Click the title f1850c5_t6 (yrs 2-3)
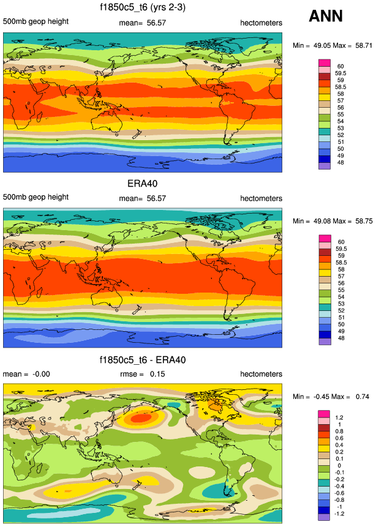coord(142,8)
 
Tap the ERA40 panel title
coord(142,184)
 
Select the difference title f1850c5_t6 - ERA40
coord(142,359)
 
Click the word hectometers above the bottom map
coord(261,374)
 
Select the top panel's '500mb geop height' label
coord(36,22)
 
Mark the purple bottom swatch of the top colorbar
coord(325,166)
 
